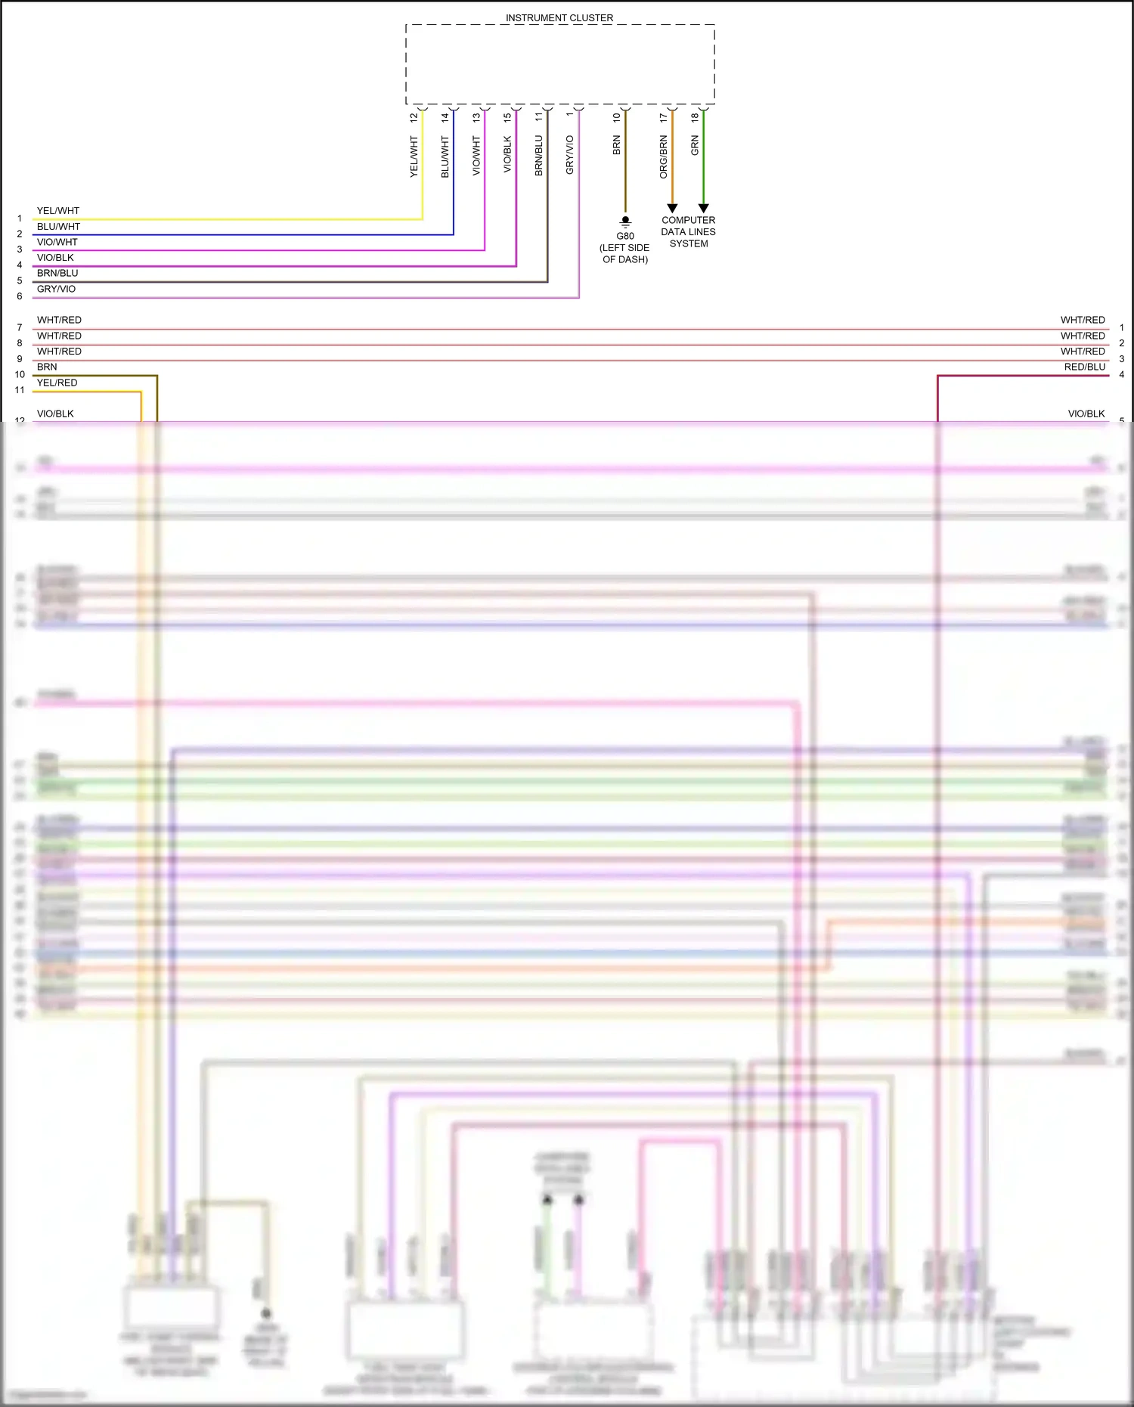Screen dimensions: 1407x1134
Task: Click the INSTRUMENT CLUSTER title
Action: [x=559, y=17]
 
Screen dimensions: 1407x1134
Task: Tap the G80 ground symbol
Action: [x=625, y=222]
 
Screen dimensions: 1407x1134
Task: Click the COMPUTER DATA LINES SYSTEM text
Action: [x=688, y=232]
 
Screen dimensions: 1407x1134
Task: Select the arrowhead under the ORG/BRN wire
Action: [x=672, y=208]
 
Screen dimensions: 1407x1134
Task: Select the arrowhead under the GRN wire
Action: [x=703, y=208]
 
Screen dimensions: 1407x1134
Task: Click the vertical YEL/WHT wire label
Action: [x=414, y=157]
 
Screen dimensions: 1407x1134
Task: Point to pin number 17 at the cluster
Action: [x=663, y=118]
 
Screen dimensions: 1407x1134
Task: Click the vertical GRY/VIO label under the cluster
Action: [x=570, y=155]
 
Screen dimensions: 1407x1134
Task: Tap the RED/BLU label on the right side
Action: [x=1084, y=367]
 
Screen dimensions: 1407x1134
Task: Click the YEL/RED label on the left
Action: [x=57, y=383]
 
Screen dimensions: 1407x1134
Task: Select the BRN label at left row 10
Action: [x=47, y=367]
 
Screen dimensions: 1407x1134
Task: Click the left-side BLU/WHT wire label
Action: [x=58, y=226]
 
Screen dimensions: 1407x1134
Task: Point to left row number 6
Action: [x=20, y=296]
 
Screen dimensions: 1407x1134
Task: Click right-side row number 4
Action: [x=1121, y=374]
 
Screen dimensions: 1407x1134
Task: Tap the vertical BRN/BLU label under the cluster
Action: [x=539, y=156]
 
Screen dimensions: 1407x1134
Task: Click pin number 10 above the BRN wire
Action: [x=616, y=118]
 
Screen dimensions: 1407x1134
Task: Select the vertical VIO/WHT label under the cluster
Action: [x=476, y=156]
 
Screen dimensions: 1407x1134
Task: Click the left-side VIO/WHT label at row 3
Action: [x=57, y=242]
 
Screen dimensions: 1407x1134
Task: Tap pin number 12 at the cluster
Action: [x=414, y=118]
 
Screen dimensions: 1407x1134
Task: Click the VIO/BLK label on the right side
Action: [x=1086, y=414]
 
